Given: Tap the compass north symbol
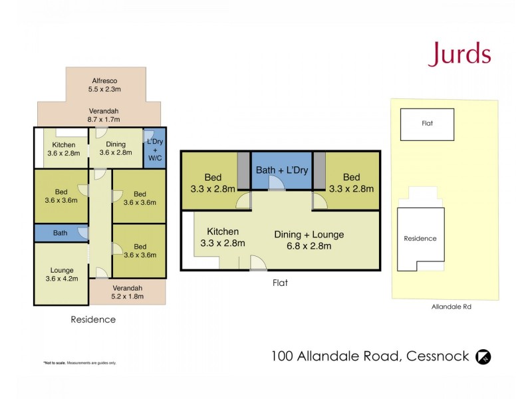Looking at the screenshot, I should click(483, 358).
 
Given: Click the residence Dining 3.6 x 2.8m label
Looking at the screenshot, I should click(116, 149).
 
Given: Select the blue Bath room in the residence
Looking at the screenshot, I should click(61, 233).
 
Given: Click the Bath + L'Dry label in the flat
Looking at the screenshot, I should click(282, 171).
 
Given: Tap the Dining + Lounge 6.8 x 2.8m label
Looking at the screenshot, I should click(309, 240).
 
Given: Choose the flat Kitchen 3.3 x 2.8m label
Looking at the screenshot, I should click(222, 237).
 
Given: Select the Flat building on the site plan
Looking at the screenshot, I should click(427, 124).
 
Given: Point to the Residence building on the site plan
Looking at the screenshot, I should click(420, 238).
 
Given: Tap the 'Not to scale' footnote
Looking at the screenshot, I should click(80, 362).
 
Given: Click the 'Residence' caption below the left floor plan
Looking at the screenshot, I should click(93, 319).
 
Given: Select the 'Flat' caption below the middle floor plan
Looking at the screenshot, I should click(280, 282).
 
